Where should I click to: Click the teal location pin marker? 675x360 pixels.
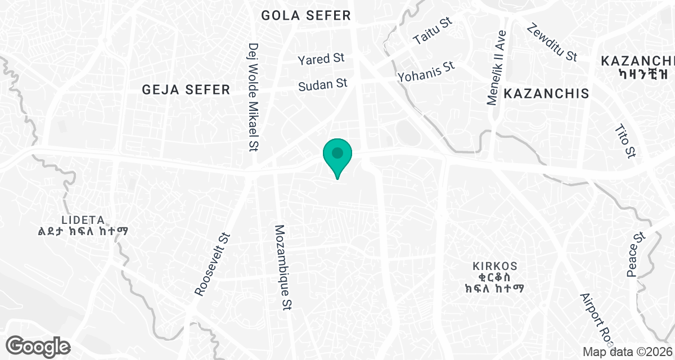337,154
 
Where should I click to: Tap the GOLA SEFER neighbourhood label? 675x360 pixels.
306,16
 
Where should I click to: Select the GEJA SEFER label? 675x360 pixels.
186,89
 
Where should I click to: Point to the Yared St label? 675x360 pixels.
321,58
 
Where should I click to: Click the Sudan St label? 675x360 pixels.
323,85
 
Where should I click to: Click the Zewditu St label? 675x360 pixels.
552,42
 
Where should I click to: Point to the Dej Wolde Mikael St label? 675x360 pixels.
253,97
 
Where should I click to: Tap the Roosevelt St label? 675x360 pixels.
213,264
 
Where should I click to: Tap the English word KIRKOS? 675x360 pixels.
495,265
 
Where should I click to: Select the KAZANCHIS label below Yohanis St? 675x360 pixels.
546,93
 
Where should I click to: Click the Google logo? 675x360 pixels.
39,345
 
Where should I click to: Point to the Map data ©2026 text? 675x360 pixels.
627,352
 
